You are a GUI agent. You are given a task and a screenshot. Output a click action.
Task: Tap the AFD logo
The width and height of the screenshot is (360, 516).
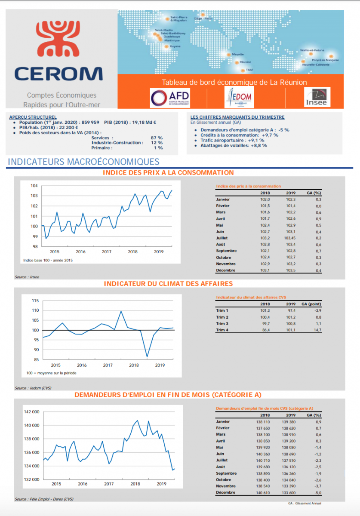(x=169, y=98)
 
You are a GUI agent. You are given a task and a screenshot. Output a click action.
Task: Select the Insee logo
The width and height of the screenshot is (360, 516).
(x=317, y=98)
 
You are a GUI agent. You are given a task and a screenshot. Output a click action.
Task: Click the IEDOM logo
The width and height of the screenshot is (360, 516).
(x=241, y=98)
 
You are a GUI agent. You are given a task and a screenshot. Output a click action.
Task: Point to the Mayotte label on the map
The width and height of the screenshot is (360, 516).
(x=237, y=55)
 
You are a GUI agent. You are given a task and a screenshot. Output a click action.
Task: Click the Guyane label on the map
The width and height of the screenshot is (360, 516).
(x=175, y=46)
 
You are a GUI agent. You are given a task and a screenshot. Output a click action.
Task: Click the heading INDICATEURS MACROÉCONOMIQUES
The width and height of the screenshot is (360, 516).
(x=84, y=162)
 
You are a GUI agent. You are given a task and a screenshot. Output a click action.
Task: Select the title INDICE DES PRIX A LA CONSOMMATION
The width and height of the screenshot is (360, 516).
(x=169, y=172)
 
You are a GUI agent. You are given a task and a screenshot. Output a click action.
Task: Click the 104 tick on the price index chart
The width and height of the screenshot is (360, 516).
(x=34, y=186)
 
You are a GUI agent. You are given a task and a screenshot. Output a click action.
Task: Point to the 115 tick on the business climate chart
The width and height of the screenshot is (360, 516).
(x=35, y=300)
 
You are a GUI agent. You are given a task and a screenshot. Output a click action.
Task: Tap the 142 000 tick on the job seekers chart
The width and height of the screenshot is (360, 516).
(x=32, y=412)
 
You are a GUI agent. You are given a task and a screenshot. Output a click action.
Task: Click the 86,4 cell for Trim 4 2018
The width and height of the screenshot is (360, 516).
(x=265, y=330)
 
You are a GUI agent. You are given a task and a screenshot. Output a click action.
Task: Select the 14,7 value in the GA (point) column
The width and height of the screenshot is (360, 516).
(x=317, y=330)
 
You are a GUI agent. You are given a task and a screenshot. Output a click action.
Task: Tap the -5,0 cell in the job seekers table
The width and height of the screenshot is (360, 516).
(x=317, y=492)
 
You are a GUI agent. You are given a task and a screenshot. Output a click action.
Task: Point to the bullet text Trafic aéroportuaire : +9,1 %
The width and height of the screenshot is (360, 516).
(x=232, y=140)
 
